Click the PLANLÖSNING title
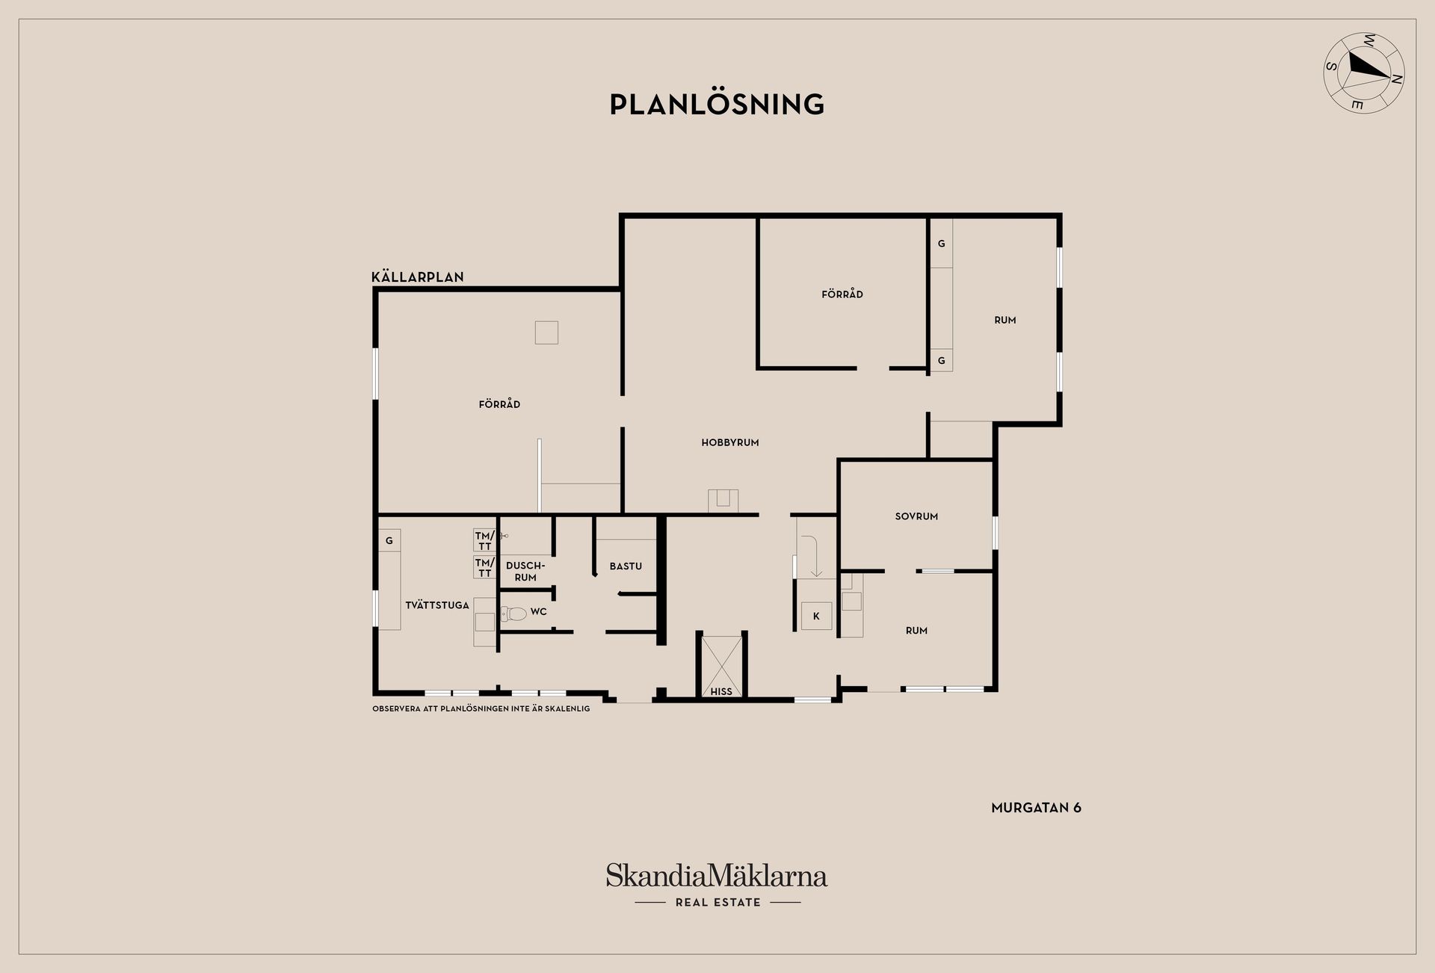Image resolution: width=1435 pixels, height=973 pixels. coord(717,104)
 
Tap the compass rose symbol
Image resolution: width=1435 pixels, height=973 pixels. coord(1364,72)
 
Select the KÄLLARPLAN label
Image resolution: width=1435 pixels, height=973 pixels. coord(418,277)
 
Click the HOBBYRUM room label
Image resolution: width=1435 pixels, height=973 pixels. coord(730,442)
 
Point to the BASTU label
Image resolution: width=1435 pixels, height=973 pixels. coord(626,566)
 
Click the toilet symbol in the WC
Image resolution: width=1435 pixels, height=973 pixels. coord(514,614)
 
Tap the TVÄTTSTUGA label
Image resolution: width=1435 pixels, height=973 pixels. coord(437,605)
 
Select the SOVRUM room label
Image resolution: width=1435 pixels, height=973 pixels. coord(916,516)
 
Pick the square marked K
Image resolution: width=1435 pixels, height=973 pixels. coord(816,616)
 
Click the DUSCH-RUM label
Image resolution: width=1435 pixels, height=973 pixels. coord(525,572)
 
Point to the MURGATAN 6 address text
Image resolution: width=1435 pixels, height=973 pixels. coord(1036,808)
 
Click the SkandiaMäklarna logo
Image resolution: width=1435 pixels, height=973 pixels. coord(717,875)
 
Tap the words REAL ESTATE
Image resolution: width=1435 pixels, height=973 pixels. coord(717,902)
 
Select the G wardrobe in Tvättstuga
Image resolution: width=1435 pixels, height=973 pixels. coord(389,540)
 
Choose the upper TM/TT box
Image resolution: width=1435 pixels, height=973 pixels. coord(484,540)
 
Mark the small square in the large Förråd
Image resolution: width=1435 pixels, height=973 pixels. coord(546,333)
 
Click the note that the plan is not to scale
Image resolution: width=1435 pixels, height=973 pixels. coord(481,708)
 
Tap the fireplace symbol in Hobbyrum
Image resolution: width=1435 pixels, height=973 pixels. coord(723,501)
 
